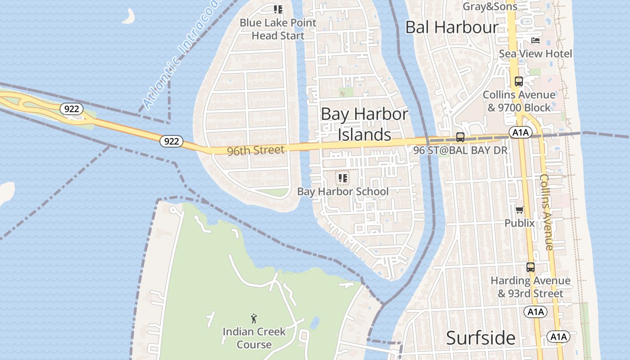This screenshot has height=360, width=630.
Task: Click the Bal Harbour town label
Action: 452,27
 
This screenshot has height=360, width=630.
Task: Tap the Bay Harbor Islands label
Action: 364,124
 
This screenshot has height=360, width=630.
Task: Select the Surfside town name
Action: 481,338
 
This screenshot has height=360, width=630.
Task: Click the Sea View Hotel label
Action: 535,54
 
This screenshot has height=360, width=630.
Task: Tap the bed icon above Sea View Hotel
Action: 535,40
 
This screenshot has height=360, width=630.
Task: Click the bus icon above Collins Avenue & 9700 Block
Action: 519,81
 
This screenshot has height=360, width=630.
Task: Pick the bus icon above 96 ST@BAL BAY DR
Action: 460,137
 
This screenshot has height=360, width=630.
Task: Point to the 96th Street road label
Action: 256,150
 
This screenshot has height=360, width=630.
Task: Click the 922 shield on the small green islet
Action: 72,108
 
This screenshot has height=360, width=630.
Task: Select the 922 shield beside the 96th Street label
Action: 171,141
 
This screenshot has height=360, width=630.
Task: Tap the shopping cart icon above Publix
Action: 520,210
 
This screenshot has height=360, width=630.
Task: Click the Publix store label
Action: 520,223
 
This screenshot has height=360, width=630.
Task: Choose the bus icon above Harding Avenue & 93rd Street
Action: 531,267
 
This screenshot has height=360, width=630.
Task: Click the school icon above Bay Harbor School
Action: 343,179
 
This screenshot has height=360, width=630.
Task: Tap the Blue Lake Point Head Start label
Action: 278,29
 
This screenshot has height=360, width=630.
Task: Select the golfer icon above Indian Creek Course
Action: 254,319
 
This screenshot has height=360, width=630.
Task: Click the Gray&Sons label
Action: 490,6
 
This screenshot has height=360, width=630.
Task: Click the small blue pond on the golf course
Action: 315,322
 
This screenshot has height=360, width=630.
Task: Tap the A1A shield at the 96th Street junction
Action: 521,132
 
